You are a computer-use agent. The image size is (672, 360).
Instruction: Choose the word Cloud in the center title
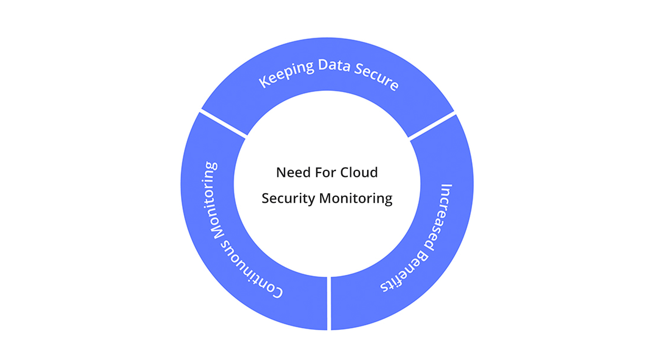(x=359, y=172)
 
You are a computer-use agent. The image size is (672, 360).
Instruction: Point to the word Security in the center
(x=288, y=199)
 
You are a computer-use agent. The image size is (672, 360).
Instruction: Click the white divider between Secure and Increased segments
(x=431, y=125)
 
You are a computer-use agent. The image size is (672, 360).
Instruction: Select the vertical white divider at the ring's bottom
(x=329, y=303)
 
